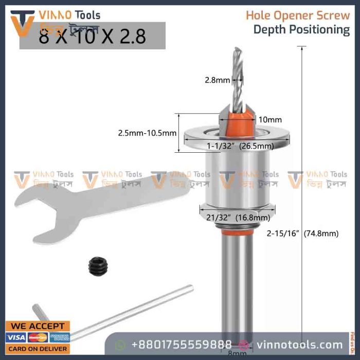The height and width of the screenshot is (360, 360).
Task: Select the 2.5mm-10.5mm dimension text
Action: pyautogui.click(x=147, y=133)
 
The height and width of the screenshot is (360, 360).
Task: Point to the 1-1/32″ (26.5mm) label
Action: pyautogui.click(x=239, y=146)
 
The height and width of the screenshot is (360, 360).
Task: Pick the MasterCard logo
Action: pyautogui.click(x=38, y=337)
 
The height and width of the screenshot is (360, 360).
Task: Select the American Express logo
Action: pyautogui.click(x=60, y=337)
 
